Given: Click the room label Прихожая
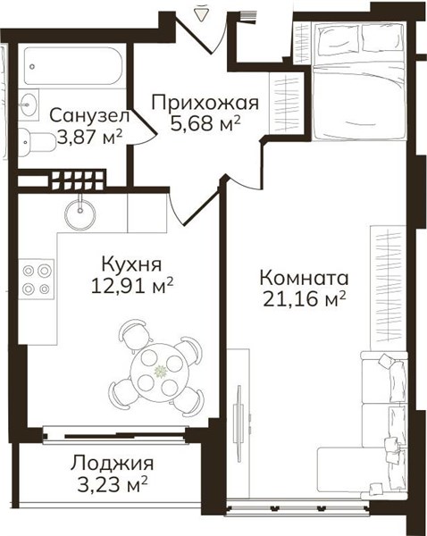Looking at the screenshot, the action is click(205, 103).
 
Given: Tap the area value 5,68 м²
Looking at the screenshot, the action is click(205, 124).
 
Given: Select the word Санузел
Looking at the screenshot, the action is click(89, 115).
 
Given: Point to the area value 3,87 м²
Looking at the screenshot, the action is click(90, 137).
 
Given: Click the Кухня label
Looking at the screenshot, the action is click(131, 264).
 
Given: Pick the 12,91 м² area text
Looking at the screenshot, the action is click(132, 286).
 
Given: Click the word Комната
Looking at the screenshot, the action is click(304, 278).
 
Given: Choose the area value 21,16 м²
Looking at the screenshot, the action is click(305, 299).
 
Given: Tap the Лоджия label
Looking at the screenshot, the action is click(113, 464).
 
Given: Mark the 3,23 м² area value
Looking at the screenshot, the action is click(113, 485).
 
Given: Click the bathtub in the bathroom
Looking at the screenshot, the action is click(72, 65).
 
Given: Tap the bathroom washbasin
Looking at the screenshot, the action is click(28, 104).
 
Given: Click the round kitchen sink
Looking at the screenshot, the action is click(80, 214).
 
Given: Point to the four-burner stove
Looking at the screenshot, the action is click(36, 280).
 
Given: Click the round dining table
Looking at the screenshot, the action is click(160, 371).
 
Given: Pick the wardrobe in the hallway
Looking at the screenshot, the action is click(286, 103).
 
